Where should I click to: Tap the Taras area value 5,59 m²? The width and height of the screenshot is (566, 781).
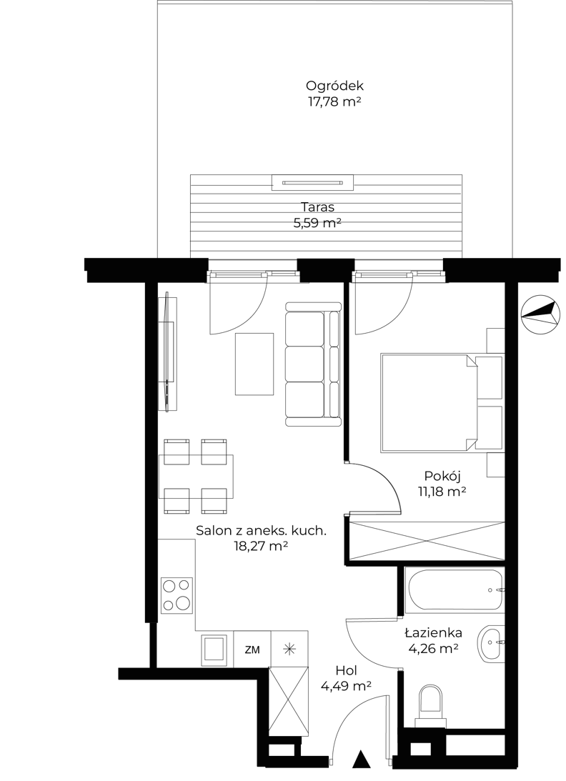click(x=317, y=223)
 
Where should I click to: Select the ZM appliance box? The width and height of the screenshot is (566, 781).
click(x=252, y=649)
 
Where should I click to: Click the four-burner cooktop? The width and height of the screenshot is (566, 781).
click(x=177, y=595)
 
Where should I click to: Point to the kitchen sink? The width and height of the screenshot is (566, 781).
click(x=214, y=650)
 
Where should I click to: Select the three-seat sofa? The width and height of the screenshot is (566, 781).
click(x=314, y=364)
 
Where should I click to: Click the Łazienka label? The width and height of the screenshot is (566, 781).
click(x=433, y=632)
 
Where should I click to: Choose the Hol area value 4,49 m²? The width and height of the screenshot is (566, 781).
click(x=347, y=687)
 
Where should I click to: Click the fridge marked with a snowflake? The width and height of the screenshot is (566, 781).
click(x=289, y=649)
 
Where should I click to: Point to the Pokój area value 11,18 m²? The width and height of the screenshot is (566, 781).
click(x=442, y=492)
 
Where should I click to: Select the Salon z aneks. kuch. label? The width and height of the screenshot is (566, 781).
click(x=261, y=530)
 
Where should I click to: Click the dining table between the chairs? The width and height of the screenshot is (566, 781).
click(x=197, y=477)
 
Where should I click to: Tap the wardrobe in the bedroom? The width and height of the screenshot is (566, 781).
click(x=427, y=542)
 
